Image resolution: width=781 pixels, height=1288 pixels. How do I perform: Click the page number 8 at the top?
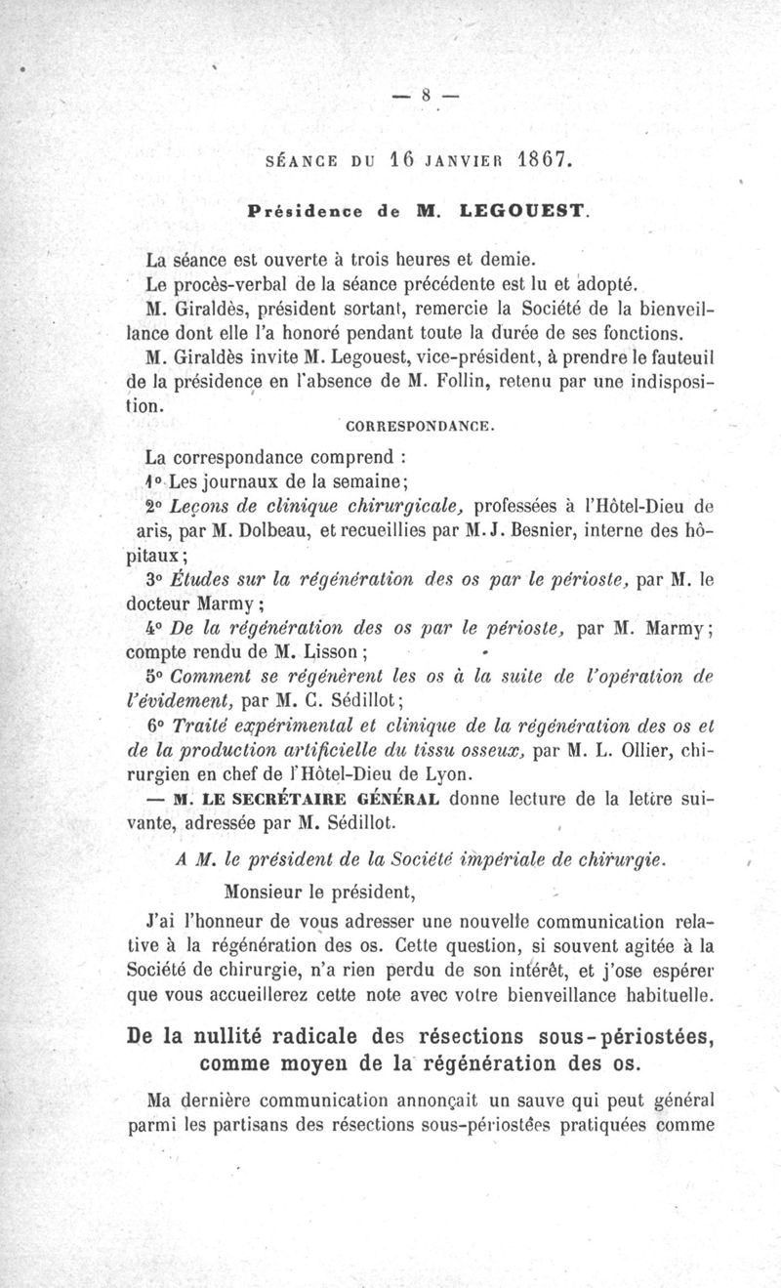(x=427, y=95)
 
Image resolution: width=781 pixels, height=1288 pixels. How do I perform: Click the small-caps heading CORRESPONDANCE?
(x=421, y=427)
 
